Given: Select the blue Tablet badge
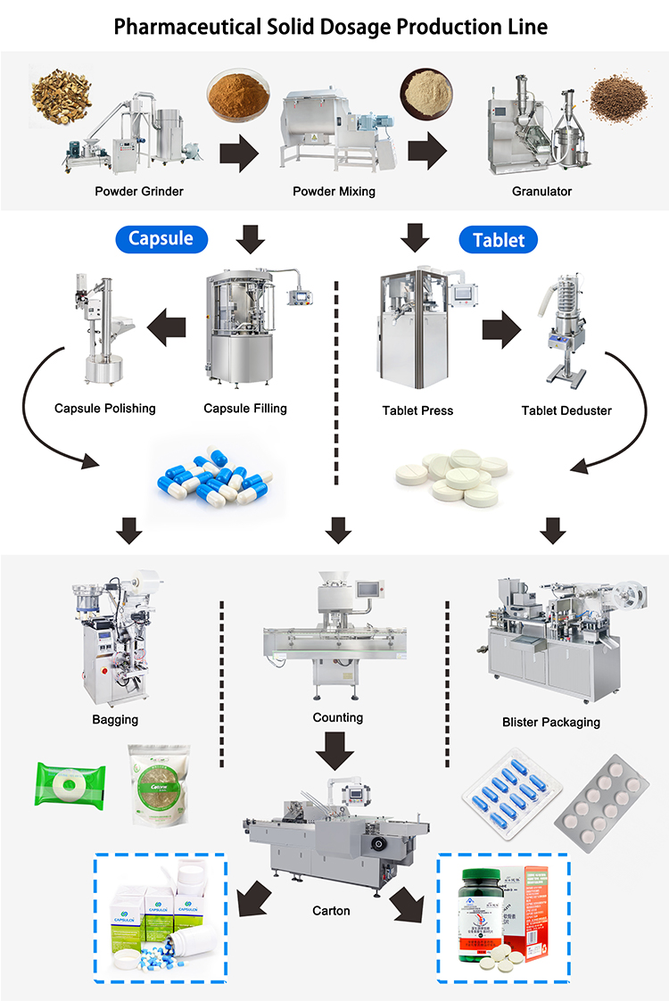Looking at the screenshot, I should (498, 239).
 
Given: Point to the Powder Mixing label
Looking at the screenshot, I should (334, 191).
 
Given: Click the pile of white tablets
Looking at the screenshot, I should (451, 473).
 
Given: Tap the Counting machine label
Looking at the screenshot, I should (338, 717).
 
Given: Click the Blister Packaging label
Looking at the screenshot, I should (551, 722).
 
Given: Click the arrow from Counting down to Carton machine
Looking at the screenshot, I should (338, 750).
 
